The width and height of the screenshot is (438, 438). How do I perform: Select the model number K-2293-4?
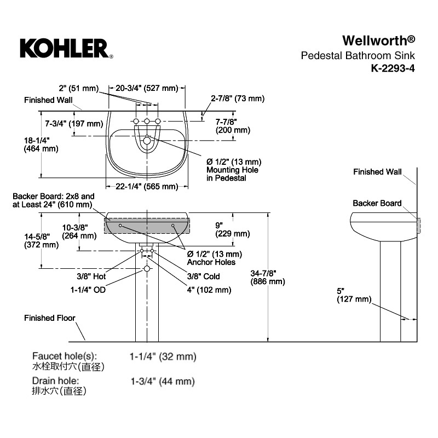coord(393,68)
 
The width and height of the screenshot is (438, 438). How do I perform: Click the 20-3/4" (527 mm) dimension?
coord(147,88)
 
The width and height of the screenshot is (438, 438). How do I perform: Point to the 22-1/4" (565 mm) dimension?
coord(147,186)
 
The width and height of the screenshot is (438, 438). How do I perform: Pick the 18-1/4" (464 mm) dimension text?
coord(41,145)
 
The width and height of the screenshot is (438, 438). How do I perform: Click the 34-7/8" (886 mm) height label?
coord(268,277)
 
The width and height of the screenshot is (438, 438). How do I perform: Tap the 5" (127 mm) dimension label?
coord(354,295)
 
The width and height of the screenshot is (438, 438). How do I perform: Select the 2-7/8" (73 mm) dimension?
coord(238,99)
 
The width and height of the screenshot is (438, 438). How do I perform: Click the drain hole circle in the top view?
coord(147,140)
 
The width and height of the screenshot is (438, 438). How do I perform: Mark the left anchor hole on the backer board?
coord(120,226)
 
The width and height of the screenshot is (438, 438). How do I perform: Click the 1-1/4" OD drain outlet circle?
coord(147,269)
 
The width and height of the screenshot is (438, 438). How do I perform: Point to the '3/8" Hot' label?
coord(91,276)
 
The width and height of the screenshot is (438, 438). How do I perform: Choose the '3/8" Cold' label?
coord(203,276)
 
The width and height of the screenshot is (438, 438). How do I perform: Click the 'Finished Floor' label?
coord(50,318)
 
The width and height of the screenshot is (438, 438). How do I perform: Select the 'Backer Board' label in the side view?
coord(377,203)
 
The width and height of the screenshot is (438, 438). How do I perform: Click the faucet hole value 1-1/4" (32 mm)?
coord(163,356)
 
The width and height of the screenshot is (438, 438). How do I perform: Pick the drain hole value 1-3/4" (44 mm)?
coord(163,381)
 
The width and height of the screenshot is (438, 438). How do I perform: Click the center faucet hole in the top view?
coord(147,121)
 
